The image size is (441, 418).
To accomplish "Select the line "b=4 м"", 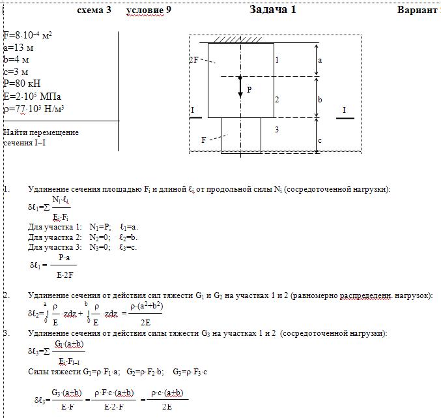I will tap(16, 59).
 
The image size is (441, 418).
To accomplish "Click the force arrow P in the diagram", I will tap(240, 87).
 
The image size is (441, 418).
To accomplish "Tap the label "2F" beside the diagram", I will tap(193, 59).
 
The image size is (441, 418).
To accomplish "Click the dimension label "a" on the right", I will tap(320, 59).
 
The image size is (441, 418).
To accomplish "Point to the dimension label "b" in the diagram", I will tap(320, 100).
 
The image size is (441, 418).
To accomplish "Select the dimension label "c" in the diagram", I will tap(320, 140).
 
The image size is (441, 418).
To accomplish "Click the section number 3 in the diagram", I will tap(276, 130).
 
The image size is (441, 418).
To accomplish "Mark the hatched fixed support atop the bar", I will tap(241, 40).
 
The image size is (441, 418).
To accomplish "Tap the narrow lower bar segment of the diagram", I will tap(241, 134).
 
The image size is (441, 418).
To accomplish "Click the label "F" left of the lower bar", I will tap(204, 140).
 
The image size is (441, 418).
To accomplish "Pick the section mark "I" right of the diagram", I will tap(344, 110).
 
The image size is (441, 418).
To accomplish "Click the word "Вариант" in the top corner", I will tap(416, 10).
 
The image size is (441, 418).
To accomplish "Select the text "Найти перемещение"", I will tap(41, 132).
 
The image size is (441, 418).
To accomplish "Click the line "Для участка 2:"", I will tap(55, 237).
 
